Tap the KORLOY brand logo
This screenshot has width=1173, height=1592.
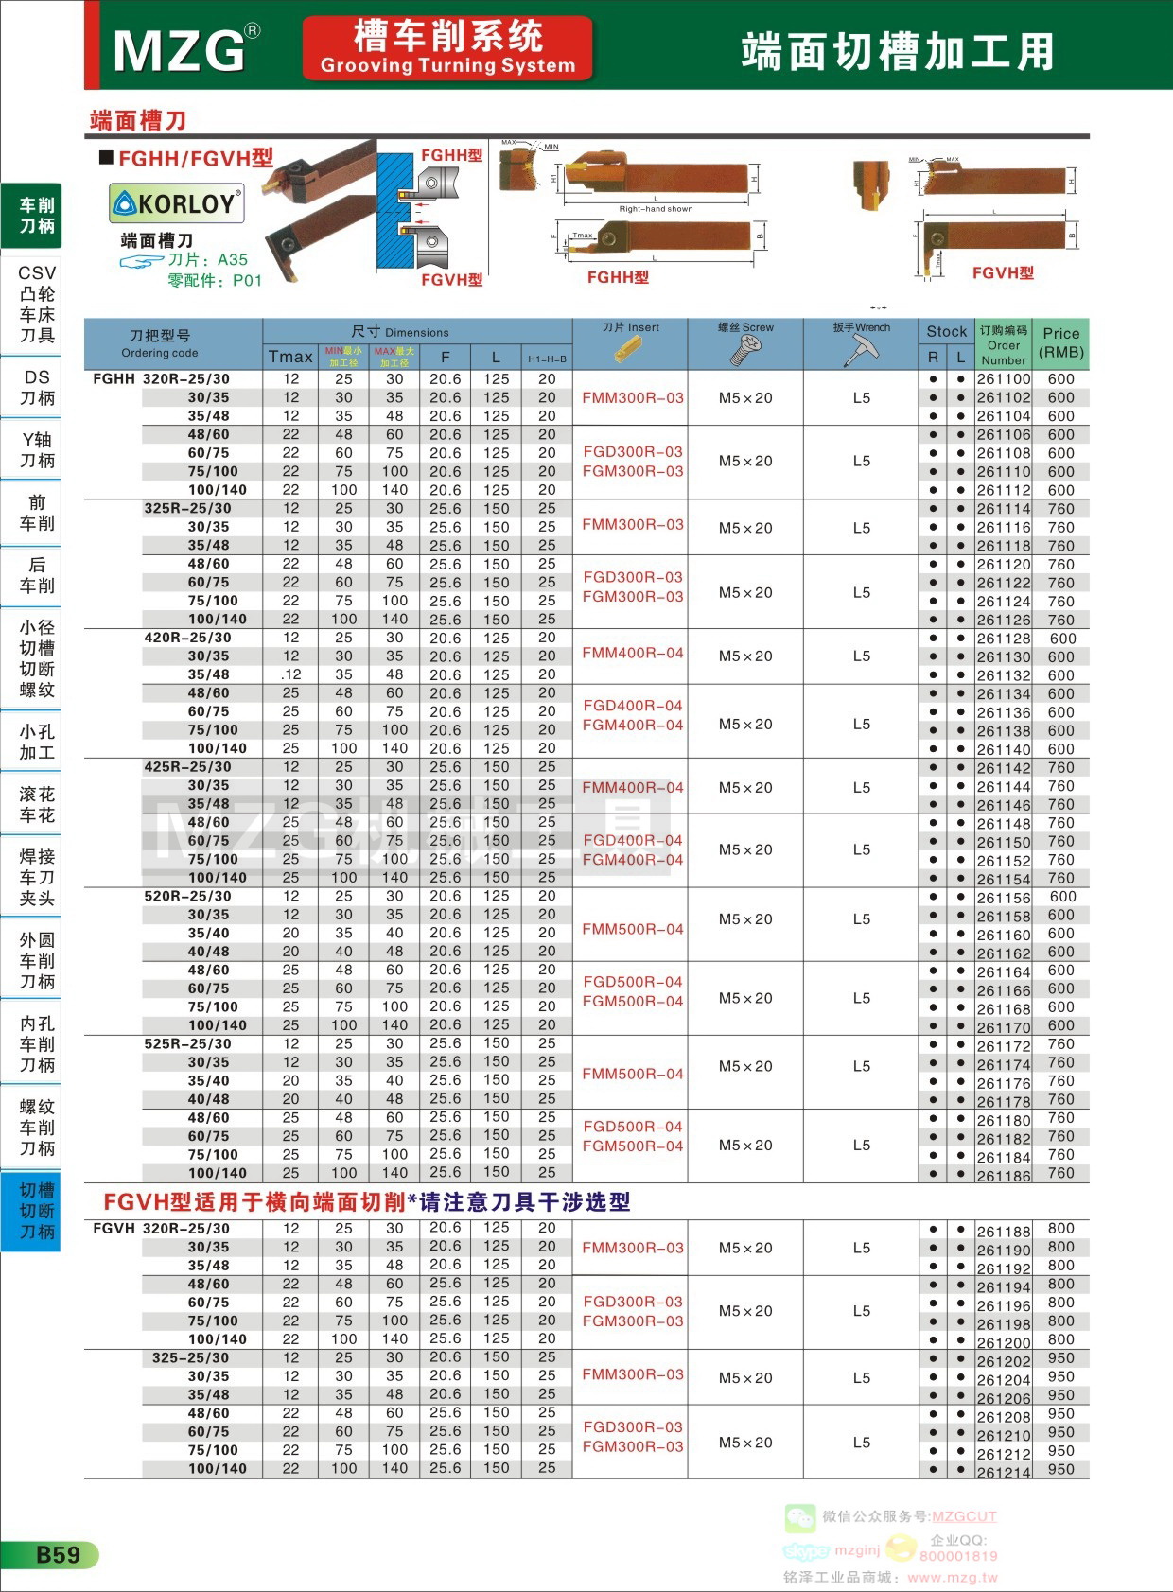177,203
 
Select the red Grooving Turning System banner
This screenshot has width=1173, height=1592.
447,47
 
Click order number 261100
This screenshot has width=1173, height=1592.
1003,379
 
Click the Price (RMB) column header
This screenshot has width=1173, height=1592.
1060,343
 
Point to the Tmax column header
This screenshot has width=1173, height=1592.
290,357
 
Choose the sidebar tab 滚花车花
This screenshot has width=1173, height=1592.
37,805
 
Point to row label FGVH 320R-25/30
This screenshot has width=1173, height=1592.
161,1229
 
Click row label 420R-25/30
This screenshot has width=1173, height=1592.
187,638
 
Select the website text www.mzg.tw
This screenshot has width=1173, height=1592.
952,1577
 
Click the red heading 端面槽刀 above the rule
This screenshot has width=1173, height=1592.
138,120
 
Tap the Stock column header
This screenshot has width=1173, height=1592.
946,331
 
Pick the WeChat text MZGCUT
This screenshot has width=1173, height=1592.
964,1516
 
